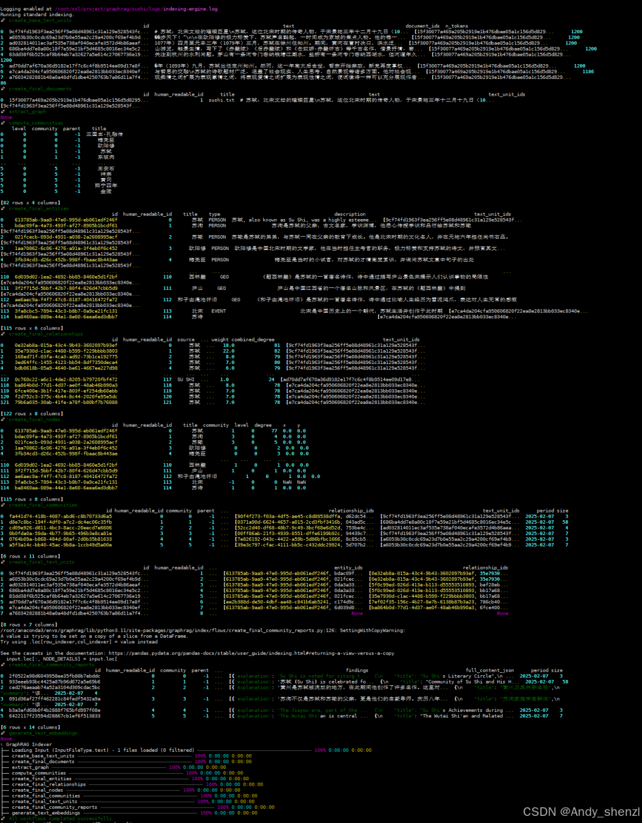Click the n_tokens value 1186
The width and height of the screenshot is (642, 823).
point(587,71)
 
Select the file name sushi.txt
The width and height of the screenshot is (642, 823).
point(221,100)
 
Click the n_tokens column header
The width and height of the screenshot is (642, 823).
point(457,26)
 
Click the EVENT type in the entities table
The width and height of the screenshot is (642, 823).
point(218,311)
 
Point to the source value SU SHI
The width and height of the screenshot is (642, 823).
point(185,379)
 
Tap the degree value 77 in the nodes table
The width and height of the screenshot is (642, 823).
point(274,431)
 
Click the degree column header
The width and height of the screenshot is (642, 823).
point(263,425)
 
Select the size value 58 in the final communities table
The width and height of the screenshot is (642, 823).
point(565,522)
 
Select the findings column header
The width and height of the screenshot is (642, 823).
point(357,670)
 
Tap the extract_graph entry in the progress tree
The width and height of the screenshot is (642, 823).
point(30,767)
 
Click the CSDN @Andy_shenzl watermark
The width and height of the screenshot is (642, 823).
point(581,812)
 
